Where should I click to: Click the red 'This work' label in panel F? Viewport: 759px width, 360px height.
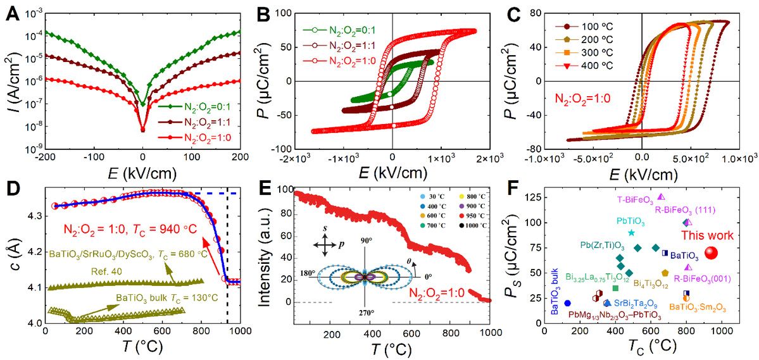(708, 235)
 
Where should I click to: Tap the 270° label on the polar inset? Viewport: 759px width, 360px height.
(368, 312)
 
